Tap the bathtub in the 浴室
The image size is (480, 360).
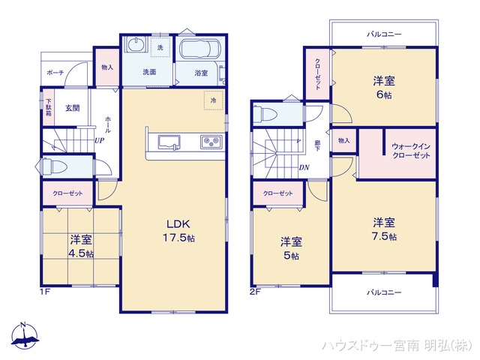(199, 52)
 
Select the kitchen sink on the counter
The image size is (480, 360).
(166, 141)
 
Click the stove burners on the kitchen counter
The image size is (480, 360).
(208, 141)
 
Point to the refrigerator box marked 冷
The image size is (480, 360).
(213, 100)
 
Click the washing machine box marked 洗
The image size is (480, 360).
(160, 48)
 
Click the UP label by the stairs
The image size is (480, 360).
(99, 139)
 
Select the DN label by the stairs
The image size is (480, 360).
(305, 167)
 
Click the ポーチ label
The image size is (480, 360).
(55, 73)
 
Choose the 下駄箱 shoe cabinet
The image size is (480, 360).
(47, 107)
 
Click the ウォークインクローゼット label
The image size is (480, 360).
(411, 150)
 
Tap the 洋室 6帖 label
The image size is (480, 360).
(385, 88)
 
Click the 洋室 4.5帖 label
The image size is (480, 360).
(81, 246)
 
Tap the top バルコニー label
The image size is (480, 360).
(383, 34)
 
